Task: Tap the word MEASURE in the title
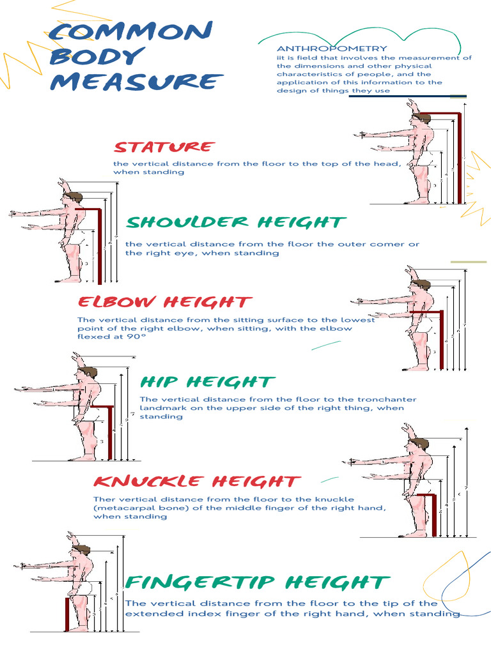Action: [136, 82]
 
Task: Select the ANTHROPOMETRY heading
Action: [331, 49]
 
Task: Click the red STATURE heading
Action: [163, 147]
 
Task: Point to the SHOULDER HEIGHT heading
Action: [236, 222]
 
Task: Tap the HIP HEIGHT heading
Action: [207, 382]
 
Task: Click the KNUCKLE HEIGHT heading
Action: [196, 482]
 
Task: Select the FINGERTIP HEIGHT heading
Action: [256, 582]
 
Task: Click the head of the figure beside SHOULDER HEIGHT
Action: [72, 199]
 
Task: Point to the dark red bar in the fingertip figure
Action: [66, 613]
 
